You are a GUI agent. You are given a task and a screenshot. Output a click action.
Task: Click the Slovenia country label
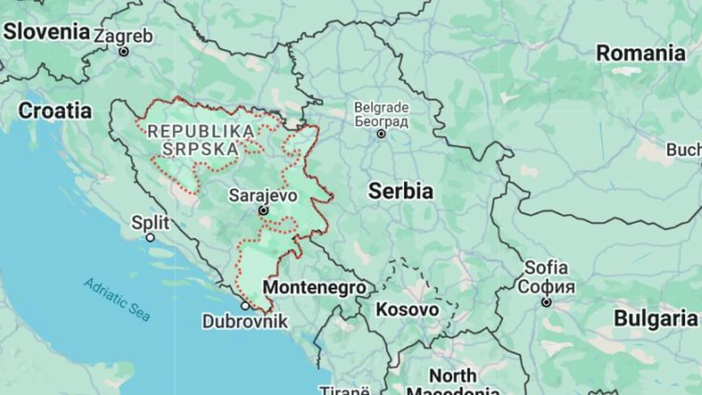[x=46, y=32]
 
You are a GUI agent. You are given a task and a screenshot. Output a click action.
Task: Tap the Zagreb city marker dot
[x=124, y=52]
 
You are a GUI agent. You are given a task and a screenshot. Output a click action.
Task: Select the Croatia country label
[x=55, y=110]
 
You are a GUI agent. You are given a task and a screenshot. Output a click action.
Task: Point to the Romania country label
[x=640, y=53]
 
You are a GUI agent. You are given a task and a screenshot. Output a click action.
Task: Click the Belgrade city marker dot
[x=381, y=134]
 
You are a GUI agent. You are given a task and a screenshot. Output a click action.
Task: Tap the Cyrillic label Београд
[x=381, y=122]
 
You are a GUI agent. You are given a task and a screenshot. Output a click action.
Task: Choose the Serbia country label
[x=401, y=191]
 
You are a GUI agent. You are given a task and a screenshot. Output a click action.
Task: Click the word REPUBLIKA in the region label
[x=200, y=131]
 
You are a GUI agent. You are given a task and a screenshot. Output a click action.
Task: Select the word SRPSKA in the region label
[x=201, y=148]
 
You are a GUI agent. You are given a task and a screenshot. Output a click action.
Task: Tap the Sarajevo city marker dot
[x=263, y=211]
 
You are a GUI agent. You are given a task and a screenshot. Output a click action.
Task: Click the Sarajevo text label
[x=264, y=195]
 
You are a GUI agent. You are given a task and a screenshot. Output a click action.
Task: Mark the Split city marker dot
[x=150, y=237]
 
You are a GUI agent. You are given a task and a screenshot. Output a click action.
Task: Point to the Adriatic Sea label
[x=117, y=299]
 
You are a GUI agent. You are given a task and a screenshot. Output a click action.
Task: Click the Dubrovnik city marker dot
[x=245, y=306]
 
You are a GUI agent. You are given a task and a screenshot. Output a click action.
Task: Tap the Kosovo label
[x=407, y=310]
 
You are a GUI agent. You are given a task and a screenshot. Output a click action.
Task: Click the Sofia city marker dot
[x=546, y=302]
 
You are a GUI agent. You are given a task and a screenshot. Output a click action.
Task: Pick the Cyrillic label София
[x=546, y=286]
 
